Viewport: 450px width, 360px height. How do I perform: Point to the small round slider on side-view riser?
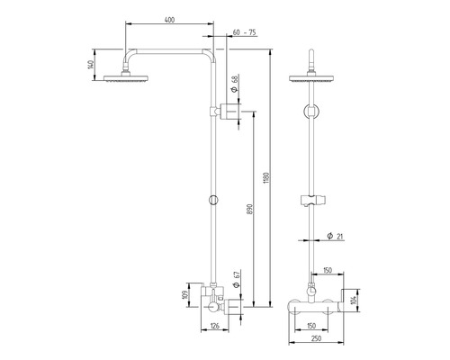coord(212,199)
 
